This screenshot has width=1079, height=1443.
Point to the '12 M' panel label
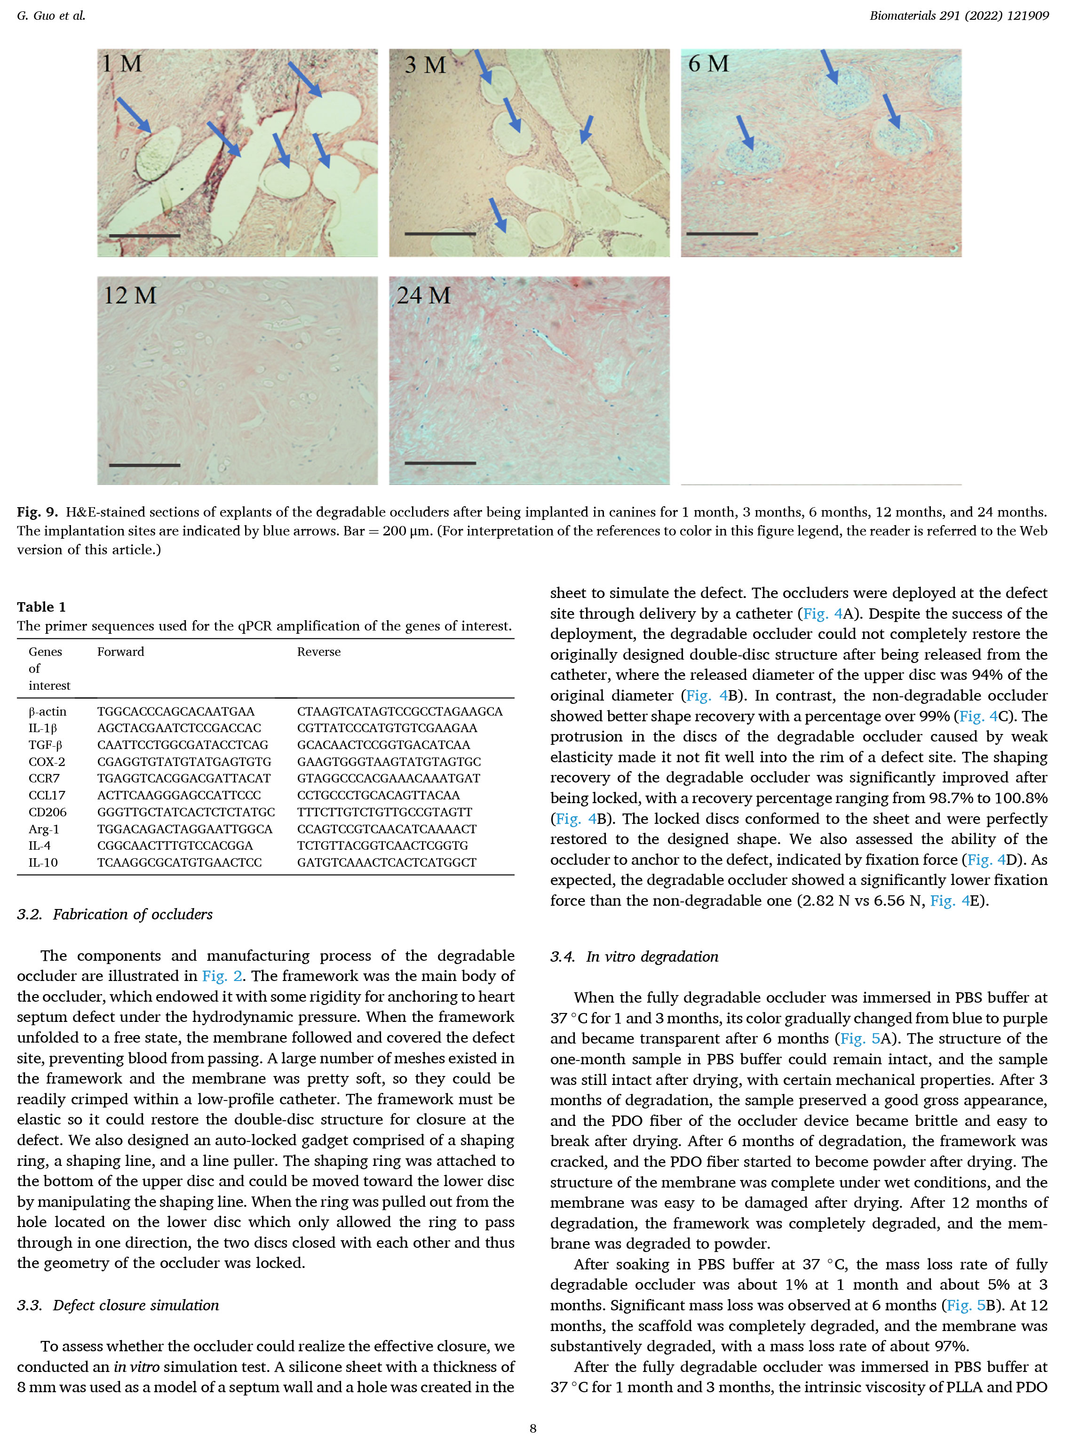click(130, 295)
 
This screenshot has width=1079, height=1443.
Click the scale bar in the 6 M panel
click(722, 233)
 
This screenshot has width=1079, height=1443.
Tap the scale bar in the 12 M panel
click(144, 465)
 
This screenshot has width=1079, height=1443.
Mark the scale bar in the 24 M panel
click(440, 463)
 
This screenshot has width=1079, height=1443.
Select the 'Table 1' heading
click(41, 606)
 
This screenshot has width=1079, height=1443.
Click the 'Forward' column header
click(121, 652)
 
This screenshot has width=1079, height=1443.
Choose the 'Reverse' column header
click(318, 652)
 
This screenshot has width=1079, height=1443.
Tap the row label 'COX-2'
click(47, 762)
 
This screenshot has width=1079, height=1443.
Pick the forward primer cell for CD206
click(186, 812)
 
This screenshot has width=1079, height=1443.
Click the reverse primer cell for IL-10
click(386, 862)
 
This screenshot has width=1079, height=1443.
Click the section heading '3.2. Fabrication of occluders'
click(115, 915)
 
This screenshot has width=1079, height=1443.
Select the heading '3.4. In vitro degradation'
click(634, 957)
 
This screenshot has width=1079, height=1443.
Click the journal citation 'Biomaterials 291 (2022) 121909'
click(959, 16)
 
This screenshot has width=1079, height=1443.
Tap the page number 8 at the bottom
click(533, 1428)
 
